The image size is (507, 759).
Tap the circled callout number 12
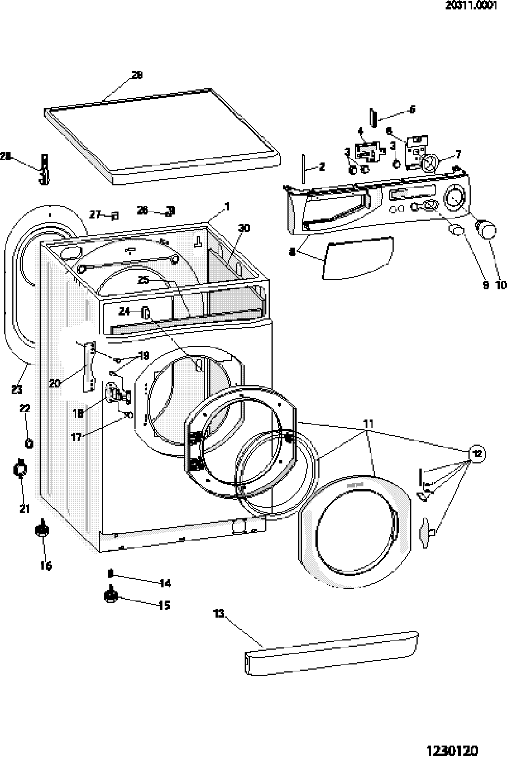point(478,454)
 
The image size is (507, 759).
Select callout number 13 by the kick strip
point(219,613)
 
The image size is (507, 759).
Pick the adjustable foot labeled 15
point(111,596)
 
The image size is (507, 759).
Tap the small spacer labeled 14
point(111,573)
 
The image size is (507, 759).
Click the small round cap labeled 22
point(29,443)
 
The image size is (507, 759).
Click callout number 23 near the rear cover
point(16,389)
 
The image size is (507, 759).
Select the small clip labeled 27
point(115,215)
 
